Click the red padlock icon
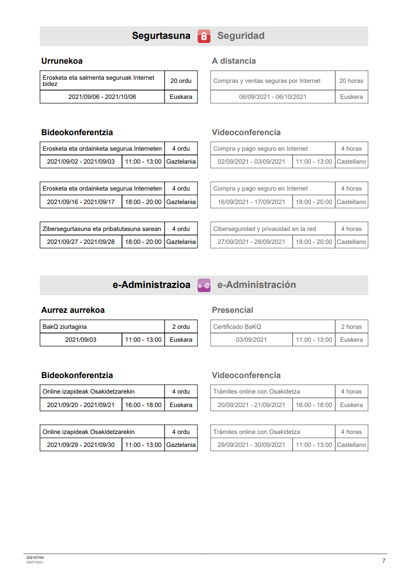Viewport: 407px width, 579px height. pyautogui.click(x=204, y=36)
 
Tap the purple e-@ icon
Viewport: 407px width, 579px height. pyautogui.click(x=204, y=285)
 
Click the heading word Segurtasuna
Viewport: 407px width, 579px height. pyautogui.click(x=161, y=36)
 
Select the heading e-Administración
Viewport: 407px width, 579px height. pyautogui.click(x=257, y=285)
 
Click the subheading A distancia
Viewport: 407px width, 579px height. pyautogui.click(x=234, y=61)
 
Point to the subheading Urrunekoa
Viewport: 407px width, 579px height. pyautogui.click(x=62, y=61)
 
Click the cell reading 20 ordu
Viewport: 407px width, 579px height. pyautogui.click(x=181, y=81)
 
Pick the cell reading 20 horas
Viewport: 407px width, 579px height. pyautogui.click(x=351, y=81)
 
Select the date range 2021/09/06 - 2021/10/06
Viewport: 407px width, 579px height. pyautogui.click(x=102, y=97)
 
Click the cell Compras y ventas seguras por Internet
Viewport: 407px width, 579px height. pyautogui.click(x=267, y=81)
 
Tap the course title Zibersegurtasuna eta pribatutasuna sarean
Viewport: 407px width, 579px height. pyautogui.click(x=102, y=229)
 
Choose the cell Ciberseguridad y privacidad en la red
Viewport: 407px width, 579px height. pyautogui.click(x=264, y=229)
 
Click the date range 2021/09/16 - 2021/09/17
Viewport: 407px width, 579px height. pyautogui.click(x=81, y=202)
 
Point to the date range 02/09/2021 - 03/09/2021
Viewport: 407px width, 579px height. pyautogui.click(x=251, y=162)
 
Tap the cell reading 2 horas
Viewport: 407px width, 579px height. pyautogui.click(x=351, y=327)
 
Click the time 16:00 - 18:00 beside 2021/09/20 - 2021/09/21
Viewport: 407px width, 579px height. pyautogui.click(x=143, y=405)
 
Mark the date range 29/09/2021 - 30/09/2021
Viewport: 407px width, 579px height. pyautogui.click(x=251, y=445)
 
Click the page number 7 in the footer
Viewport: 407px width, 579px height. pyautogui.click(x=384, y=561)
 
